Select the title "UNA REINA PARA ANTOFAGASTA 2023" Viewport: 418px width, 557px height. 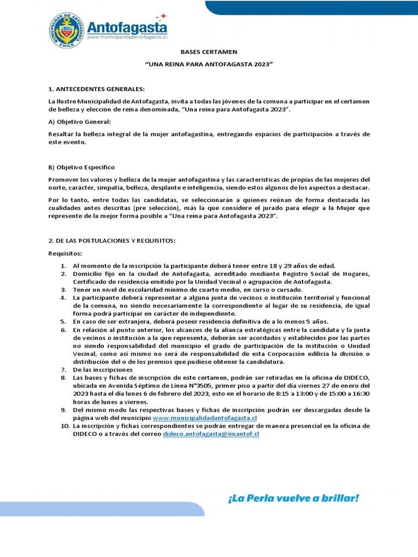(209, 64)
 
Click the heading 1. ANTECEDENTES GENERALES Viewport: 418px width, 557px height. (97, 89)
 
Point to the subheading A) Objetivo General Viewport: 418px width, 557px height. (79, 121)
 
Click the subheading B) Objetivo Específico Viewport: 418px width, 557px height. (82, 167)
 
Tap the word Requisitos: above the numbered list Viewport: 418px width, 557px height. (65, 253)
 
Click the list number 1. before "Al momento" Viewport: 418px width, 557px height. (63, 265)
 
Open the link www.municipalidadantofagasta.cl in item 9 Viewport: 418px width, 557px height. (205, 418)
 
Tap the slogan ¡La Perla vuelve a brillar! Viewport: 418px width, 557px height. (293, 498)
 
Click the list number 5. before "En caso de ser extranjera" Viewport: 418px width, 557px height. (63, 322)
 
